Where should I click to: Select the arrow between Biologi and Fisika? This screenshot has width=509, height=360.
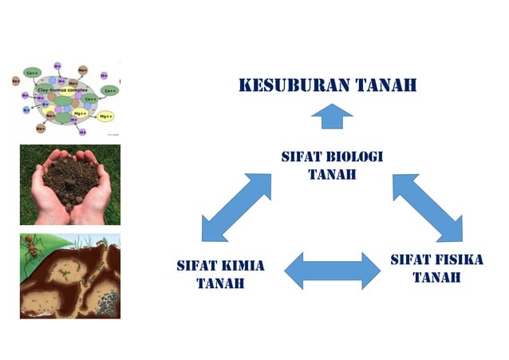click(x=427, y=207)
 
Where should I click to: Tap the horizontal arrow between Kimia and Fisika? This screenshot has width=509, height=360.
click(x=333, y=271)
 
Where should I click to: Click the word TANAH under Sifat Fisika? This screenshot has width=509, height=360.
click(x=436, y=278)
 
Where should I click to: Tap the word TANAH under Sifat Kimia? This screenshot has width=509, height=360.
click(x=220, y=283)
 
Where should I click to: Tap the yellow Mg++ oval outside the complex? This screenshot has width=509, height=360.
click(x=106, y=117)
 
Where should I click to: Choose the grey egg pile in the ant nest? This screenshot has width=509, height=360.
click(x=107, y=302)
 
